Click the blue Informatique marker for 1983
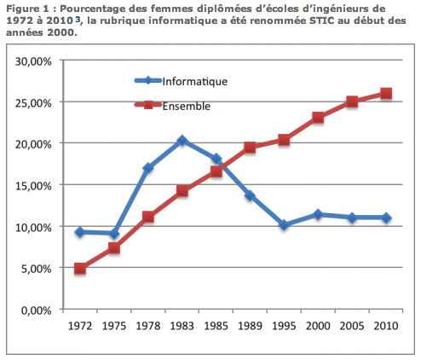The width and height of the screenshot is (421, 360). click(182, 141)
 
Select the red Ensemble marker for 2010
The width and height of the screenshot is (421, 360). click(386, 93)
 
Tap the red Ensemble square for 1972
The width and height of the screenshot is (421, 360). click(80, 269)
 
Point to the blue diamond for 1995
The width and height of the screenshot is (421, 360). click(284, 225)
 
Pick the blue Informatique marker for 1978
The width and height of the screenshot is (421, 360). click(148, 168)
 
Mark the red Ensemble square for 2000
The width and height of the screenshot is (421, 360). click(318, 117)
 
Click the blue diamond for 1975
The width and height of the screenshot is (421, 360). click(114, 234)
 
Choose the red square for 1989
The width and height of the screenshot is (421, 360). click(250, 148)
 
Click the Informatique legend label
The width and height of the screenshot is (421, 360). click(195, 82)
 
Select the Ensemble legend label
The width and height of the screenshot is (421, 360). click(187, 107)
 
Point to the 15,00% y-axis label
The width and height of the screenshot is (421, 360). click(33, 186)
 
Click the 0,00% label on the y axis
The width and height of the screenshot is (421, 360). click(37, 311)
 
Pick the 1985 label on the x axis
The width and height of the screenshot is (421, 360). click(216, 326)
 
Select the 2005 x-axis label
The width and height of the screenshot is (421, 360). click(352, 326)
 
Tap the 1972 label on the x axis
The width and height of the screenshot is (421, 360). click(80, 326)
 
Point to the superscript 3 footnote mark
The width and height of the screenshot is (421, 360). click(78, 19)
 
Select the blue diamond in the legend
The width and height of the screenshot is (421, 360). click(148, 80)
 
